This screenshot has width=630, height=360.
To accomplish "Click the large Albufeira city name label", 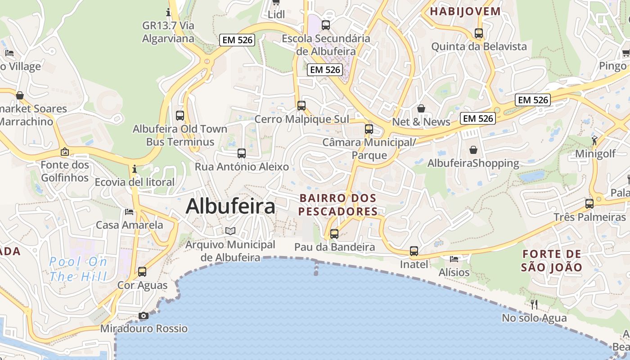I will (230, 207).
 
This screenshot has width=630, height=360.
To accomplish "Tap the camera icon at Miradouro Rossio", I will (144, 316).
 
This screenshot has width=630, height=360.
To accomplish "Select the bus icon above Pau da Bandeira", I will (334, 234).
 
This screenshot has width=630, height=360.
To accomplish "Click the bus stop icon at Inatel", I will (414, 251).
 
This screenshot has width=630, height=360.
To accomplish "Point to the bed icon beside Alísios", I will (454, 259).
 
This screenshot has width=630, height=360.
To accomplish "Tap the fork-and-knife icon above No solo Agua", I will (534, 305).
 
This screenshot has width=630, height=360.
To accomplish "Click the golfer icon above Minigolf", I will (595, 140).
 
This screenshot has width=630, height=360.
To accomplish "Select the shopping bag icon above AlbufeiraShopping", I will (473, 149).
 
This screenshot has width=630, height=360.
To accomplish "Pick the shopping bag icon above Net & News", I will (421, 108).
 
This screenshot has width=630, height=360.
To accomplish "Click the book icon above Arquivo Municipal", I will (230, 231).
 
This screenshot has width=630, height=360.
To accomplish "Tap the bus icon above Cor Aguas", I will (142, 272).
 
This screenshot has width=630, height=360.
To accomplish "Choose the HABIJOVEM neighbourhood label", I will (465, 12).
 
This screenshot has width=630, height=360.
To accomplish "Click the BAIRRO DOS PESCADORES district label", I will (338, 205).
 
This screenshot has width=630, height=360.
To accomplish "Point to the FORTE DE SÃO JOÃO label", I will (552, 261).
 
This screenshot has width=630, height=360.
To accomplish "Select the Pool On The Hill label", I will (78, 269).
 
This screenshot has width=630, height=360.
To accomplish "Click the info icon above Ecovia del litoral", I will (135, 169).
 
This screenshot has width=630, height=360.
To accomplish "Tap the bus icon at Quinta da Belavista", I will (479, 33).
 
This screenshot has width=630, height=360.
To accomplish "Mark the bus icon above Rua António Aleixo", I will (242, 153).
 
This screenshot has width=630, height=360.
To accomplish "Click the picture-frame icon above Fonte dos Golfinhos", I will (65, 152).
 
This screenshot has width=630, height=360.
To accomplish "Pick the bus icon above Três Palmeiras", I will (589, 204).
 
